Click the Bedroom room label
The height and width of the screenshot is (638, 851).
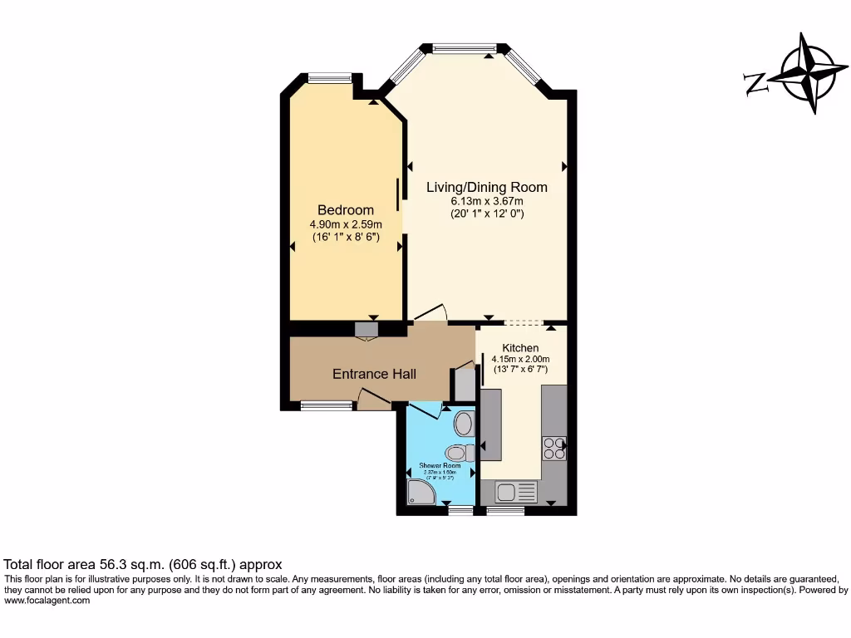[345, 210]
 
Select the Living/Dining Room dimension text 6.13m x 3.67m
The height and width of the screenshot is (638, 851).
[486, 201]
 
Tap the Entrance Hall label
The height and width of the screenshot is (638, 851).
[374, 374]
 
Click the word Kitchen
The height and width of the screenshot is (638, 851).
[520, 347]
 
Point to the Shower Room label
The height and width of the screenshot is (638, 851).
[440, 466]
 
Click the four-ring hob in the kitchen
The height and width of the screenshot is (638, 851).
[553, 449]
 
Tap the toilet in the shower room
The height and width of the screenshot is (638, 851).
[458, 453]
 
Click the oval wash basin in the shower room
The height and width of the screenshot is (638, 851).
[463, 424]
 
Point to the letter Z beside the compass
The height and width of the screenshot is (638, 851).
[755, 83]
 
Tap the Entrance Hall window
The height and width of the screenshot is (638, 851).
[326, 406]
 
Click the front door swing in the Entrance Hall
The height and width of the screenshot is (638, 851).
[374, 399]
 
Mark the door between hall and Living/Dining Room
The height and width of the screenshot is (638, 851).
[430, 314]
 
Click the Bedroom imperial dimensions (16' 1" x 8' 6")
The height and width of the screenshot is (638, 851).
[346, 237]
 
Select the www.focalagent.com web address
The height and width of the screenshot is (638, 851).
[47, 600]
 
